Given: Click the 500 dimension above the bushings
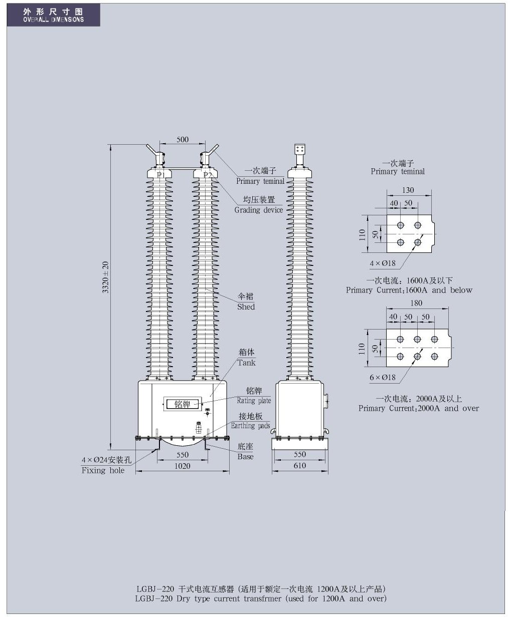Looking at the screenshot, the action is pos(182,140).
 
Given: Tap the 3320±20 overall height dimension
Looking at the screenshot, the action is pos(105,277).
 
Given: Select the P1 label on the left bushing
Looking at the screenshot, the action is pos(161,175).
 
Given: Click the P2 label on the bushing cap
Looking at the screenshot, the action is pos(208,175).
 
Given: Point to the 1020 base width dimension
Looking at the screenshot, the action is pos(182,466).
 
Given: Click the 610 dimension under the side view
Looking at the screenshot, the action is pos(299,465).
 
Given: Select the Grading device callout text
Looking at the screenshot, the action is pos(258,210).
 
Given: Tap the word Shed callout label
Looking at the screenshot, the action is pos(246,306).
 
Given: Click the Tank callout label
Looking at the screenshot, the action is pos(246,363).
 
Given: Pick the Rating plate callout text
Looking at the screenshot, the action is pos(254,401).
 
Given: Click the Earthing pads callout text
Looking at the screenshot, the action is pos(250,426).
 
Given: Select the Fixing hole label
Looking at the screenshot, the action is pos(103,470).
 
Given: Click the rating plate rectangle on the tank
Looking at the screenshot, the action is pos(182,404).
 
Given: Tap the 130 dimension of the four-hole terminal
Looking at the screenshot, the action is pos(408,190).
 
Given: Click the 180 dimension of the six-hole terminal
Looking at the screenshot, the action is pos(416,303).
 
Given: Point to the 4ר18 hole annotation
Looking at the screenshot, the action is pos(383,263).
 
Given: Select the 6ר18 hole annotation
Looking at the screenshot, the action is pos(383,378).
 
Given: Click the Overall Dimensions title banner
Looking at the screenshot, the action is pos(54,15).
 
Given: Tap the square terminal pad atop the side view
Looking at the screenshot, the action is pos(300,149).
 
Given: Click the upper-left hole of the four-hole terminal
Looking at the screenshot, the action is pos(400,225).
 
